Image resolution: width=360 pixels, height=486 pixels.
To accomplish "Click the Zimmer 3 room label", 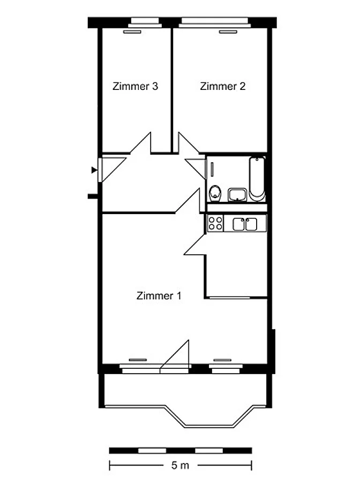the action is click(135, 86).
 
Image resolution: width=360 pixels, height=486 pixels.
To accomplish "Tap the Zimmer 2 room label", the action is click(222, 86).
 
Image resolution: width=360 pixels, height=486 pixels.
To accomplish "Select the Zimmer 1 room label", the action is click(159, 295).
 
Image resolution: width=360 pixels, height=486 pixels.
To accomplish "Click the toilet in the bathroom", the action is click(215, 193).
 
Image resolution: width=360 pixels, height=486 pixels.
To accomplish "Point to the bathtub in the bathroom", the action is click(257, 179).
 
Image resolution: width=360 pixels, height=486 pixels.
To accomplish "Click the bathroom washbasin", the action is click(237, 195).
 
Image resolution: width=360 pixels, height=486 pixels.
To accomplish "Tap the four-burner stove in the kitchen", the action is click(215, 223).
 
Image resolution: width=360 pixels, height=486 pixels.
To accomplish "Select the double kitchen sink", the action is click(245, 224).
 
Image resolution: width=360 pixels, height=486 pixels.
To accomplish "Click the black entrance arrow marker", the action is click(94, 170).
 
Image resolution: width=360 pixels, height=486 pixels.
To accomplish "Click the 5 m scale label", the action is click(181, 465).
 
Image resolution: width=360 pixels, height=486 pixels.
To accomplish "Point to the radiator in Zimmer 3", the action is click(132, 32).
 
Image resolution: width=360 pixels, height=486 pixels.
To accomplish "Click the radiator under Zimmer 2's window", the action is click(228, 32).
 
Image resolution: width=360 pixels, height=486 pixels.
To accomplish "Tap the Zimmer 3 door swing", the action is click(140, 143).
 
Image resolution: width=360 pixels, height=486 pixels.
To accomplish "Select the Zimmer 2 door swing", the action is click(189, 143).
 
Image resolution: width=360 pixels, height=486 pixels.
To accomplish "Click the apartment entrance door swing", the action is click(112, 170).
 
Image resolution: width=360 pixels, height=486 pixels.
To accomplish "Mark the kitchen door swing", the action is click(195, 244).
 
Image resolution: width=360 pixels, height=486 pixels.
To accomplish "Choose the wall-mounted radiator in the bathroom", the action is click(212, 169).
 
